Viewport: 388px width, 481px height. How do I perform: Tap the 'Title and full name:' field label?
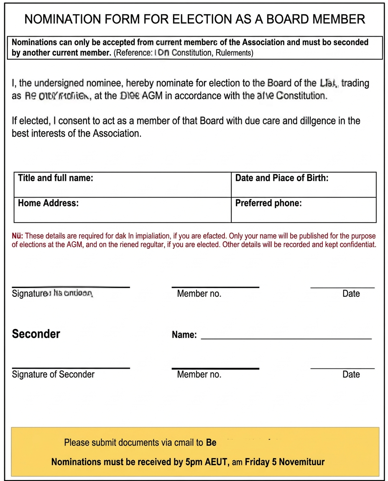[x=56, y=178]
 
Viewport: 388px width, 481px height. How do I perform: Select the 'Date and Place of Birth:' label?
[x=282, y=178]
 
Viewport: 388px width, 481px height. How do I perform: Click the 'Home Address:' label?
[x=48, y=203]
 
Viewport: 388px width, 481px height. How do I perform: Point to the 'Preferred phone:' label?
[x=268, y=203]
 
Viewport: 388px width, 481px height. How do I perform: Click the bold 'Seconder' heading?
[x=36, y=334]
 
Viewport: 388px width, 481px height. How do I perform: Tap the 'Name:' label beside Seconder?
[x=184, y=335]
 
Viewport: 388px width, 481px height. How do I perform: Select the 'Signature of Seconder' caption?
[x=53, y=374]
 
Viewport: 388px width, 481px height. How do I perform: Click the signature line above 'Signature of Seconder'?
[x=71, y=368]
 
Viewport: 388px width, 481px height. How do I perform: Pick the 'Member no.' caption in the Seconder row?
[x=199, y=375]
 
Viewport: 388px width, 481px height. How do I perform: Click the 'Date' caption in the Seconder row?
[x=351, y=375]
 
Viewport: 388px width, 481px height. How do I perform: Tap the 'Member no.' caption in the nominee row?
[x=199, y=294]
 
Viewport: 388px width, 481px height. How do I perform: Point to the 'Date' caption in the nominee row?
[x=351, y=294]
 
